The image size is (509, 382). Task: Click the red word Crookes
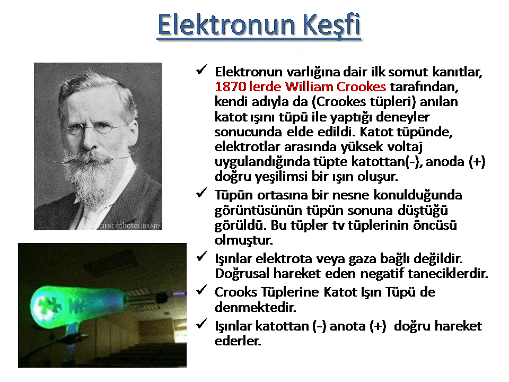pos(361,86)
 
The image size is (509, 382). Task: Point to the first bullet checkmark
pos(201,70)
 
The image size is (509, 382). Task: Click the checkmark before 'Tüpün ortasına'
pos(201,193)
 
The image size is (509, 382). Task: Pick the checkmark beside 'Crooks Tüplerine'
pos(201,290)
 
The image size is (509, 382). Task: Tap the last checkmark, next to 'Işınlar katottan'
pos(201,324)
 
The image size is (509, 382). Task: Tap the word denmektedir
pos(256,307)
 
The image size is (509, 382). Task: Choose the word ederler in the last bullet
pos(238,341)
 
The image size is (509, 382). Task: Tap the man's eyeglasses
pos(94,128)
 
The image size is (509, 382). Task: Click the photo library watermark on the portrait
pos(129,226)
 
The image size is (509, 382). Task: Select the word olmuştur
pos(244,240)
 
